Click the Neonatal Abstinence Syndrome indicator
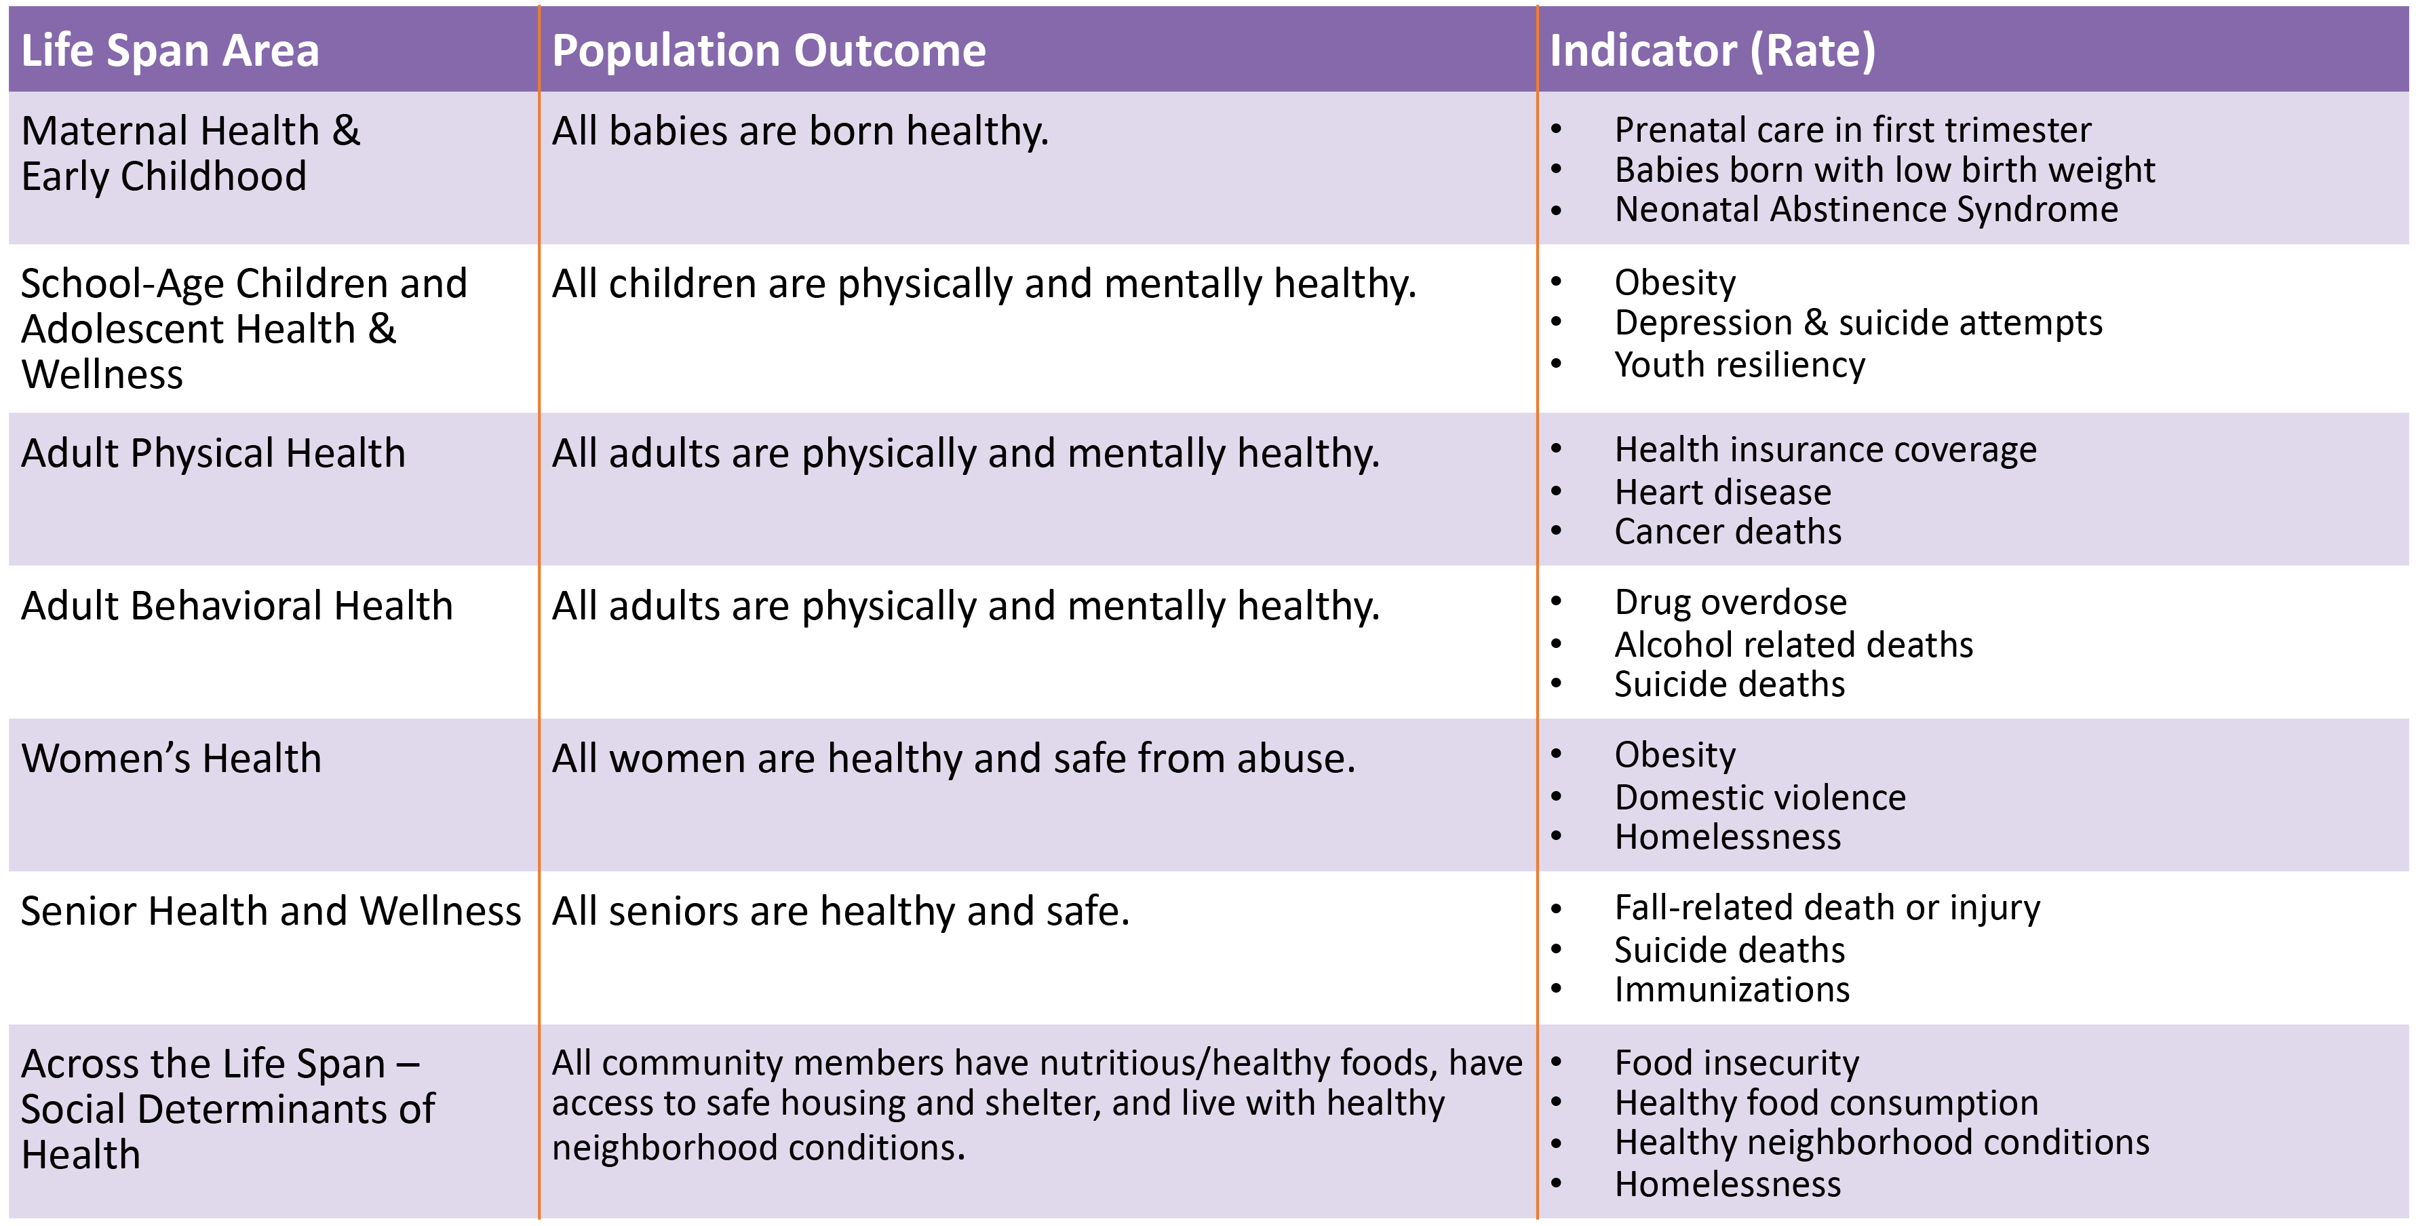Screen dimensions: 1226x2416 [1865, 209]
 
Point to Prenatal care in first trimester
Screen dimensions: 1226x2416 [1852, 130]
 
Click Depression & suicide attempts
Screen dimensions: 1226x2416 [1858, 323]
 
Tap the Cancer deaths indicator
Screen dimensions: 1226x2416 [1728, 532]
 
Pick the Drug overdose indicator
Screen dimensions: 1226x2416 [1730, 602]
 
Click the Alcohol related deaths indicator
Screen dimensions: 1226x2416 [1793, 645]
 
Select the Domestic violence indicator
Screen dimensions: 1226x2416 [1759, 797]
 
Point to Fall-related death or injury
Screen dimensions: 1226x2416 [1827, 908]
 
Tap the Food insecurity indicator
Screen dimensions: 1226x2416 [1736, 1062]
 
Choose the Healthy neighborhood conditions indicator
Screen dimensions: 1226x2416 [1882, 1143]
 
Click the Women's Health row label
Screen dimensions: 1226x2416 [171, 758]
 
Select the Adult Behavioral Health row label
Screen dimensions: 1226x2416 [236, 606]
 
